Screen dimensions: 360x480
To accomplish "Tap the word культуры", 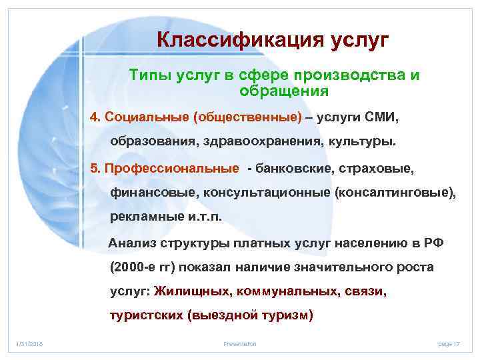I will (x=364, y=142).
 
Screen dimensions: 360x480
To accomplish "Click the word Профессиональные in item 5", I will (x=169, y=168).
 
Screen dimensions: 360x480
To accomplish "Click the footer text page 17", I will (x=449, y=343).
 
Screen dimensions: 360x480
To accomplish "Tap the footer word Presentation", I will (x=240, y=343).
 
